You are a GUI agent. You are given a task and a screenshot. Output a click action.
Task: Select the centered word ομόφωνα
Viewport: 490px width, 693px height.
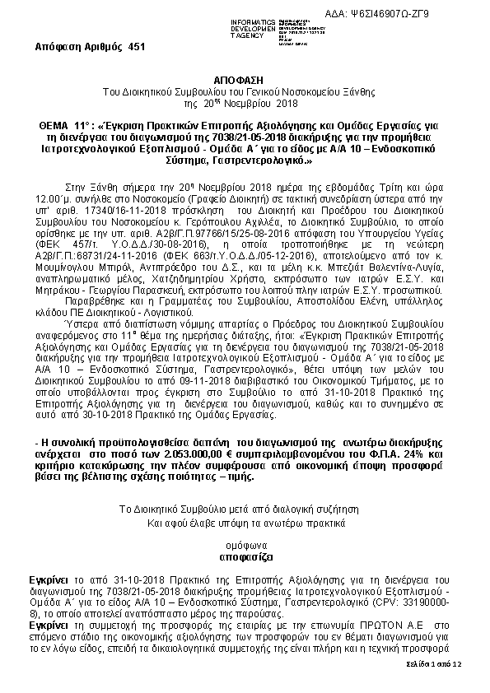245,545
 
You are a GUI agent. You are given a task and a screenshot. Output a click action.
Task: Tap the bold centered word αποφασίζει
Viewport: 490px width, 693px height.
245,556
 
